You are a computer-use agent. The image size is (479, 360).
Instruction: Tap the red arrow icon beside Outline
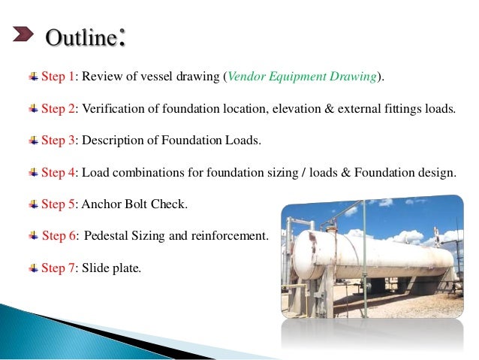tap(24, 35)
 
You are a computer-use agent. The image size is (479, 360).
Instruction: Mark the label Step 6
tap(60, 235)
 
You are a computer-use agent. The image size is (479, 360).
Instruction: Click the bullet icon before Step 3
tap(33, 140)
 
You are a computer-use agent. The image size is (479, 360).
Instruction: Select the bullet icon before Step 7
tap(33, 267)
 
